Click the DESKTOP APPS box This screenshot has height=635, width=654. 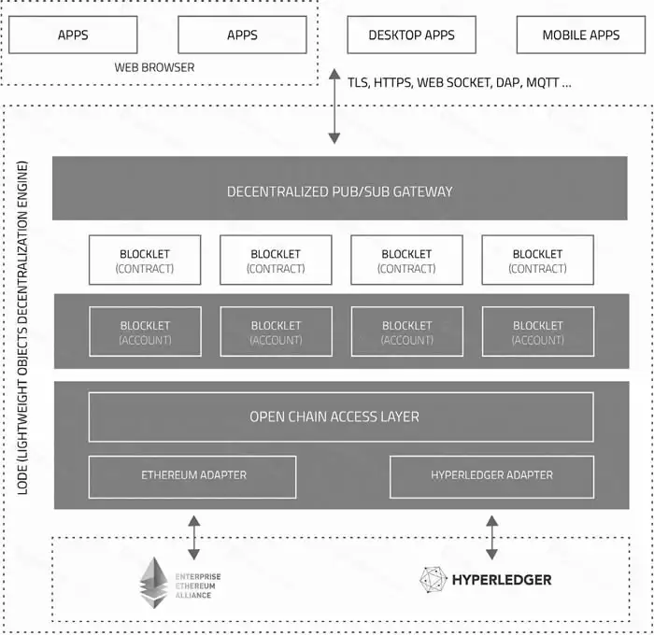tap(411, 35)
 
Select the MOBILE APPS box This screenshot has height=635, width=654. tap(580, 35)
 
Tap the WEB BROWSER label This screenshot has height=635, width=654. tap(154, 67)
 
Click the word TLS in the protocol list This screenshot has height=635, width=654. tap(359, 83)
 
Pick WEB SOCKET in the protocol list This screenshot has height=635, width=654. tap(453, 83)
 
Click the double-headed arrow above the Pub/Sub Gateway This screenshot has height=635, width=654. tap(334, 107)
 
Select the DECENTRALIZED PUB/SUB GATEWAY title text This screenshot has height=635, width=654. tap(339, 191)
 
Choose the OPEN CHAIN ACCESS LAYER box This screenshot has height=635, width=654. tap(340, 416)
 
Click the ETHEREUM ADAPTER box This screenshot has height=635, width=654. tap(192, 475)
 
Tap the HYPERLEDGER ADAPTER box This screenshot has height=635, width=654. tap(491, 475)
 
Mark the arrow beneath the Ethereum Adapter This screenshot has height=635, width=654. tap(193, 536)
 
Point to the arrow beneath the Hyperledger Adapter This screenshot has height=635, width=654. tap(491, 536)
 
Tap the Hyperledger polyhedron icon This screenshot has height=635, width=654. tap(434, 580)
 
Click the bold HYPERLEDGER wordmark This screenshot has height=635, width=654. tap(502, 580)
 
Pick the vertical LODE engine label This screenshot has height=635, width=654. tap(23, 341)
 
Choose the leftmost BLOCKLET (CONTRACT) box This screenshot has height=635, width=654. tap(145, 261)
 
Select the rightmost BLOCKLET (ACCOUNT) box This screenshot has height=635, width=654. tap(537, 332)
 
